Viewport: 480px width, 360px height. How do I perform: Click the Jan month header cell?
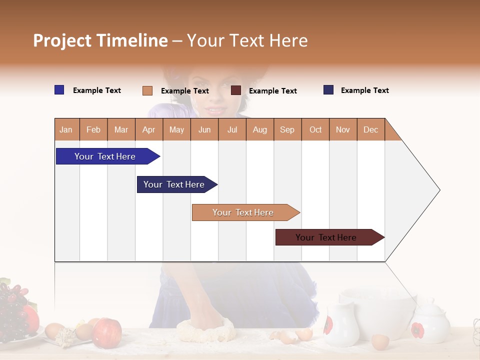coord(66,129)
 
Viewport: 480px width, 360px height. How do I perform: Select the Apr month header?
coord(149,129)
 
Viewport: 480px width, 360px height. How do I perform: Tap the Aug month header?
coord(260,129)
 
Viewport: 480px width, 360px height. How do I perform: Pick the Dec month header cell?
coord(370,129)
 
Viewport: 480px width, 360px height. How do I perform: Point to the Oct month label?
coord(315,129)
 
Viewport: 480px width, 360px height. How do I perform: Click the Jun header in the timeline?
coord(204,129)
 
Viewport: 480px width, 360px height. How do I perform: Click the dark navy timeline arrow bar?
coord(175,184)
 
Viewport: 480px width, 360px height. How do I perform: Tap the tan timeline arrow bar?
coord(244,212)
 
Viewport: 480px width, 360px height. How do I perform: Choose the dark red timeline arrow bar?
coord(327,237)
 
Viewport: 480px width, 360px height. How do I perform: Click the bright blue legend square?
coord(59,90)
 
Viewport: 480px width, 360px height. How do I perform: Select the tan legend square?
coord(147,90)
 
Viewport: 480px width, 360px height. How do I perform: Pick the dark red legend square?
coord(236,90)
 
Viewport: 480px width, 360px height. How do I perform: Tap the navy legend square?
coord(328,90)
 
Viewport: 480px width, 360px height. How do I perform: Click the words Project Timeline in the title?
coord(100,40)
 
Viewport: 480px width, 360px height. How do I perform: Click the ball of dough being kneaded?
coord(205,330)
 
